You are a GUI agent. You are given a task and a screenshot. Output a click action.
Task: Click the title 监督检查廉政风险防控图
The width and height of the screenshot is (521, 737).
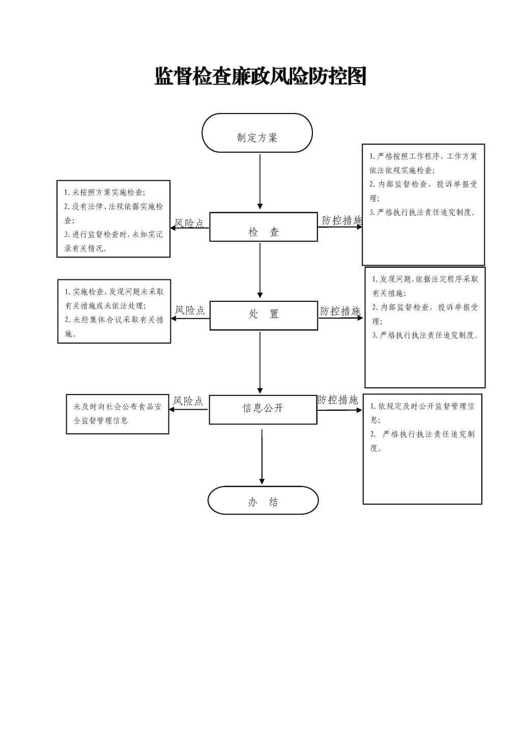260,76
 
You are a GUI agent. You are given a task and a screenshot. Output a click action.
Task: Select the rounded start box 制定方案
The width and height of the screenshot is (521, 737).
257,133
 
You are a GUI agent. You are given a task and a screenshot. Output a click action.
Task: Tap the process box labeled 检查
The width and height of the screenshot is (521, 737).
264,228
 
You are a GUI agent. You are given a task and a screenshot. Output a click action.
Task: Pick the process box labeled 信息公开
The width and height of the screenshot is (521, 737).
263,409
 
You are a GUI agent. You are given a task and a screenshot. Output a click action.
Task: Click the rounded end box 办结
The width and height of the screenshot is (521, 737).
263,500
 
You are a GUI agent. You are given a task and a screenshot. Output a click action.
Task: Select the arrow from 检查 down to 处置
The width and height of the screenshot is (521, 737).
260,270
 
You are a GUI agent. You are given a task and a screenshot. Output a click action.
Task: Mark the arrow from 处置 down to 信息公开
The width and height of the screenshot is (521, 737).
260,362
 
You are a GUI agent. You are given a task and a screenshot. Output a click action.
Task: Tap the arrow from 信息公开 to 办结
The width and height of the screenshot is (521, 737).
262,456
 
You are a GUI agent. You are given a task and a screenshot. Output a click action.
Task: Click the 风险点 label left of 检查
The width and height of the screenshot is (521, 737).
189,223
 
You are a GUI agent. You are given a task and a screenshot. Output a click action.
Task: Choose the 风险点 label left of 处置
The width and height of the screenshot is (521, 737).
190,310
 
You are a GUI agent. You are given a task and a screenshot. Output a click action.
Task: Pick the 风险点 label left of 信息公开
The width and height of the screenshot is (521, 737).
188,401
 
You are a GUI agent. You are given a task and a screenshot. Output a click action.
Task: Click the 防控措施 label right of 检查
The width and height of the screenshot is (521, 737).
341,220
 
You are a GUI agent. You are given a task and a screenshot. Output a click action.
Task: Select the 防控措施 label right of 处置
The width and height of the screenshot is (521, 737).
340,311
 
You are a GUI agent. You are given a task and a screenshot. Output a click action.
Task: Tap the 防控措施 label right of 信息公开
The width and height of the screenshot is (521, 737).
338,400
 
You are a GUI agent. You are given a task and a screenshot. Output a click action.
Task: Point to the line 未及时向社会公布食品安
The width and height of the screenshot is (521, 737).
118,407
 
